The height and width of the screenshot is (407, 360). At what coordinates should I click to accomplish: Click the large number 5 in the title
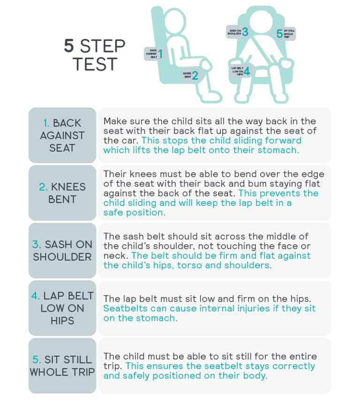[69, 46]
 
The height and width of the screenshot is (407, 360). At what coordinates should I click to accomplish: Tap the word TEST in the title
[95, 64]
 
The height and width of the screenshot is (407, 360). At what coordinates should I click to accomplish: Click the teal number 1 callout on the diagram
[161, 54]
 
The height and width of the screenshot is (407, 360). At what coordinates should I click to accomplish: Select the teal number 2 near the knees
[195, 75]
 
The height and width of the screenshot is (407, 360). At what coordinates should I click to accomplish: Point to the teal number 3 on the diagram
[245, 32]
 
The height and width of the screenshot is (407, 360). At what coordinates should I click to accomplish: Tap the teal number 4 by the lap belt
[247, 71]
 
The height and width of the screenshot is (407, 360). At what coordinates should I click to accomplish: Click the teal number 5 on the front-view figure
[279, 34]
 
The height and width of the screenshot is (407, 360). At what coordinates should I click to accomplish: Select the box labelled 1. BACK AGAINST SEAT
[62, 135]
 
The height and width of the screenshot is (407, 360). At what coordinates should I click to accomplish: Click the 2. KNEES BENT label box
[62, 193]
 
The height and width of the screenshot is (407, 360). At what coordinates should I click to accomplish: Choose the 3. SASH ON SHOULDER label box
[62, 250]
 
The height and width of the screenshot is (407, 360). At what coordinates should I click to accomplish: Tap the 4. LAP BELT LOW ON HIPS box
[62, 308]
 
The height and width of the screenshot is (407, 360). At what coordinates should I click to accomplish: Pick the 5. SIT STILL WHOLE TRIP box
[62, 366]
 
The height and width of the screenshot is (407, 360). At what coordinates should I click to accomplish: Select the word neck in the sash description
[116, 256]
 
